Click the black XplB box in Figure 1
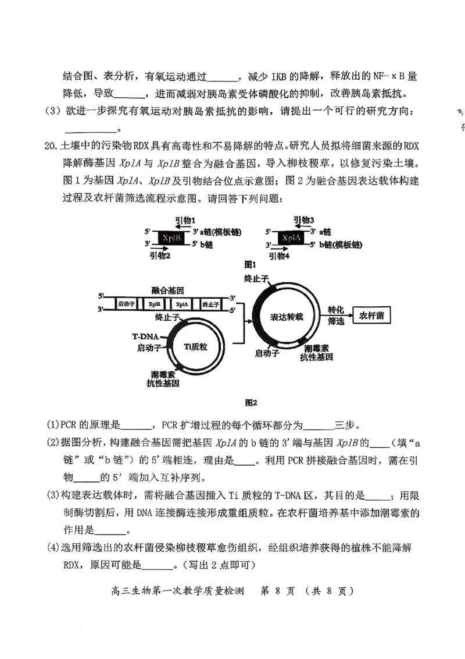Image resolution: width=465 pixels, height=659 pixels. click(170, 238)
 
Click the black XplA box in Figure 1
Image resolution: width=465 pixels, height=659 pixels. click(289, 238)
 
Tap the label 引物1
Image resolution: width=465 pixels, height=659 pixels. click(187, 220)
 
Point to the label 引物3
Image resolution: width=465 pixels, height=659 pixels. click(304, 220)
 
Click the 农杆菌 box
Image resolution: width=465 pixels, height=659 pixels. click(371, 315)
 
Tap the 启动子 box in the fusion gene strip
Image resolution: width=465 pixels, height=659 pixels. click(126, 304)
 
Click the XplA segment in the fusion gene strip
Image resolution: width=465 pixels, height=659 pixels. click(183, 304)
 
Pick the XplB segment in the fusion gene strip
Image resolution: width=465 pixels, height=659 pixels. click(154, 304)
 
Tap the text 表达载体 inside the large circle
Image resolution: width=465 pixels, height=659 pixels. click(287, 317)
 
